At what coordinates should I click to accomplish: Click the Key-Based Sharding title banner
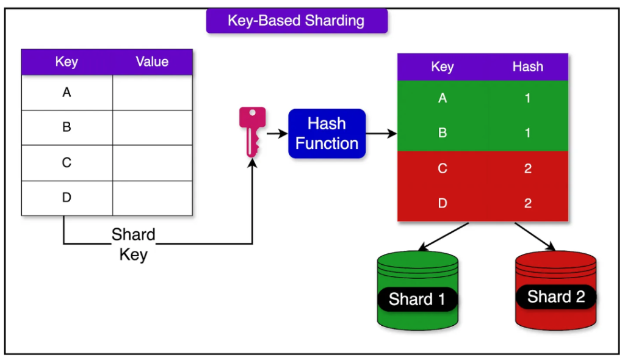tap(297, 21)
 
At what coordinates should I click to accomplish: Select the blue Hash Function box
tap(327, 134)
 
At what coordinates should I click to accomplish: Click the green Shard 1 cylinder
tap(417, 290)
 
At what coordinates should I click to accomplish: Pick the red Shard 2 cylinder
tap(555, 290)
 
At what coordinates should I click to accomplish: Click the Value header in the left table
tap(152, 62)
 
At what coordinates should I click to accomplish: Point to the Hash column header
tap(528, 67)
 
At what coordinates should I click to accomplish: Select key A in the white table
tap(67, 93)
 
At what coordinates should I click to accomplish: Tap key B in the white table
tap(67, 127)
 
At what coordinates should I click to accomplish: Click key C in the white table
tap(67, 163)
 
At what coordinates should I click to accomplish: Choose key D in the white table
tap(67, 197)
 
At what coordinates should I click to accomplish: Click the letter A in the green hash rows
tap(443, 98)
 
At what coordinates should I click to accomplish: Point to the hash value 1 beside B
tap(528, 133)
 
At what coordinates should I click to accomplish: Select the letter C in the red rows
tap(443, 168)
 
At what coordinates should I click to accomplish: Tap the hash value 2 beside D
tap(528, 203)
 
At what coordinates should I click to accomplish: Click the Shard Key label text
tap(134, 245)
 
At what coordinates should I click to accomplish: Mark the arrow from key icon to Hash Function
tap(277, 134)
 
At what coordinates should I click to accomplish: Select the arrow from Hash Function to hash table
tap(381, 134)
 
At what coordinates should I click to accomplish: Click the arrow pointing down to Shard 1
tap(444, 237)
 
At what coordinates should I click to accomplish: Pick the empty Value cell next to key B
tap(152, 128)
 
